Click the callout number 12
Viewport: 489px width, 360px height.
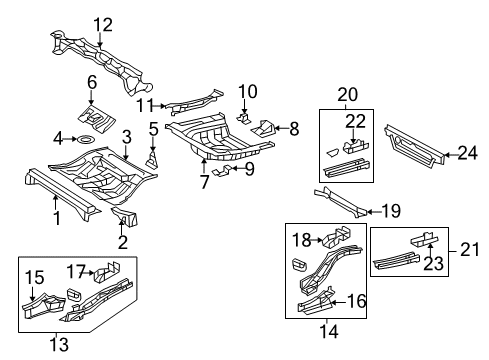tap(103, 24)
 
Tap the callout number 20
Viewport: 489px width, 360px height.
tap(347, 95)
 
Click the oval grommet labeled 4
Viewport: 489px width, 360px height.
tap(84, 137)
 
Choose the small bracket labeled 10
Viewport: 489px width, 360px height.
tap(243, 118)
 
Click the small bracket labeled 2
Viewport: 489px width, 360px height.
tap(125, 218)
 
